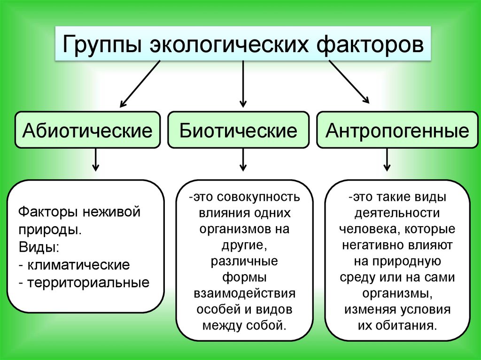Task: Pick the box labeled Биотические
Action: coord(238,130)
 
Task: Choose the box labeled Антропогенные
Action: coord(397,130)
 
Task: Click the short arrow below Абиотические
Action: coord(95,160)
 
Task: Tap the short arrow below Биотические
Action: coord(243,160)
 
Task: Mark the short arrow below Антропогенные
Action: coord(387,160)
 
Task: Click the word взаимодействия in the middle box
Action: coord(245,294)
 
